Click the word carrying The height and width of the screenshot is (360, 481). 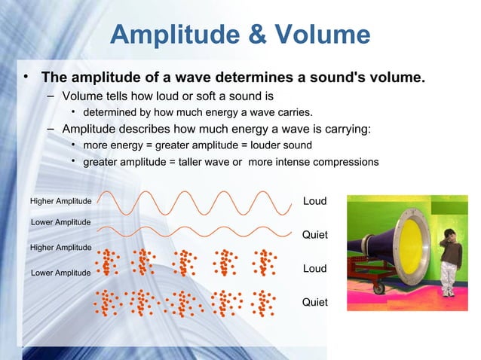pos(344,129)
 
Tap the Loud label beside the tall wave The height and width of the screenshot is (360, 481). pos(314,201)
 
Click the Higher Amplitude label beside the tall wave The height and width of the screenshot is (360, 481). pos(60,201)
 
